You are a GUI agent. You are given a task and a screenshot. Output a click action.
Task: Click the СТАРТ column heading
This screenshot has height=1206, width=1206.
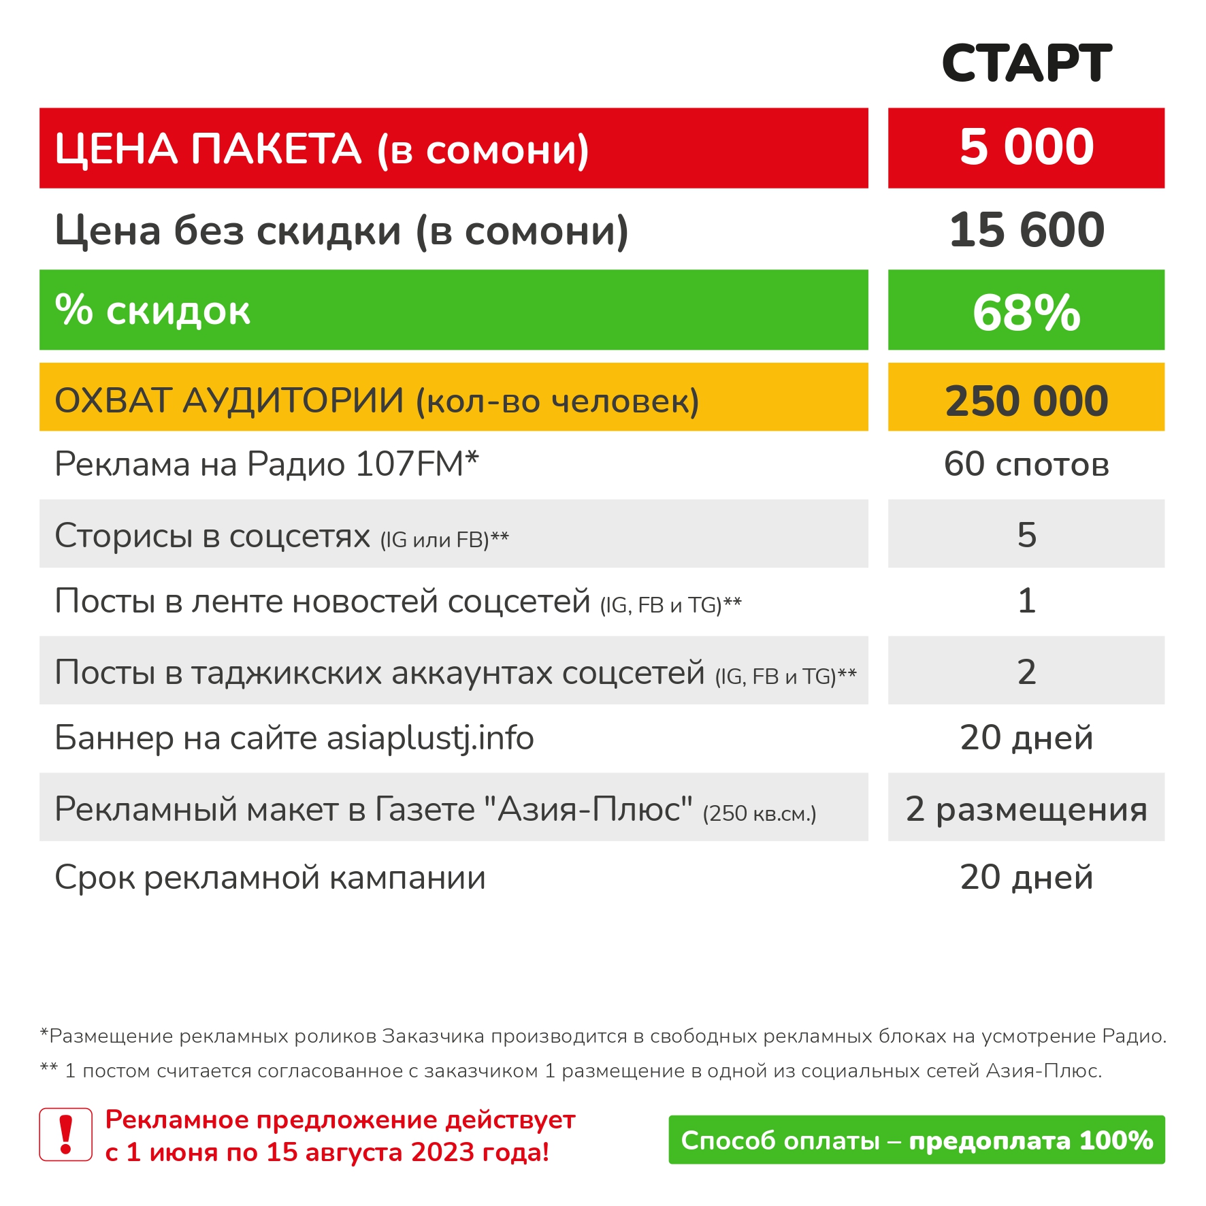pos(1026,63)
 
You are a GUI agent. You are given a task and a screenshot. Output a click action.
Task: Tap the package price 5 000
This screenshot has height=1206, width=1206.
pos(1026,147)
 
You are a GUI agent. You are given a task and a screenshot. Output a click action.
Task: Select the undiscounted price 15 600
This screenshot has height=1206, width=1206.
pos(1026,230)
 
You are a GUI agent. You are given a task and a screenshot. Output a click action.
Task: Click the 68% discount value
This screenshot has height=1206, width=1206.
pos(1026,312)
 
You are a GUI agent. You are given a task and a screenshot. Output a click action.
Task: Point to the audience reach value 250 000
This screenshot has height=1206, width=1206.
pos(1026,400)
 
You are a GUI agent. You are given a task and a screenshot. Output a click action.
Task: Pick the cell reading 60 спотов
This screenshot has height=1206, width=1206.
pos(1026,464)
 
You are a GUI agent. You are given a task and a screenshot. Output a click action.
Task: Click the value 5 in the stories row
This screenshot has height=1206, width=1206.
pos(1026,534)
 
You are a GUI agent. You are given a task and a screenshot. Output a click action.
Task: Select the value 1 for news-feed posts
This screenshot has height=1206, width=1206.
pos(1026,601)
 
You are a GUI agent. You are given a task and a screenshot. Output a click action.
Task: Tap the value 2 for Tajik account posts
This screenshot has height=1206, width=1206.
pos(1026,672)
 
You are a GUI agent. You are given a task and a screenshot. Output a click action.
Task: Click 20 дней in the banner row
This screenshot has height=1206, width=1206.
pos(1026,738)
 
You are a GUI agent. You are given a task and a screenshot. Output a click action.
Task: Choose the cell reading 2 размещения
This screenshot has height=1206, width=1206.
pos(1026,809)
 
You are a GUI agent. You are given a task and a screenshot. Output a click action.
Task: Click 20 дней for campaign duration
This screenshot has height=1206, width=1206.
pos(1026,877)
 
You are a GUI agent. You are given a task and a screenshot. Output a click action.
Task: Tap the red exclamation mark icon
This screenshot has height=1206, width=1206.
pos(66,1134)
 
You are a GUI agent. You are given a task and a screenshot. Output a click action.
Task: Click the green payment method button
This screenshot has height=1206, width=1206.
pos(916,1140)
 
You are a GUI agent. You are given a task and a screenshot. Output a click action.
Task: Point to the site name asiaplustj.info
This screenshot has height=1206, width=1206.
pos(430,738)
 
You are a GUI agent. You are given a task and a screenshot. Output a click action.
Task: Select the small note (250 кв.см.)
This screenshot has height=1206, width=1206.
pos(759,813)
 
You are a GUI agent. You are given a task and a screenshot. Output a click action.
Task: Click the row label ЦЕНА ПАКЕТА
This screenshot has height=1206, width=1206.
pos(208,149)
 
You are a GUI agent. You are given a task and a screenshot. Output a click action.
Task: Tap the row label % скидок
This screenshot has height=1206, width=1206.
pos(152,311)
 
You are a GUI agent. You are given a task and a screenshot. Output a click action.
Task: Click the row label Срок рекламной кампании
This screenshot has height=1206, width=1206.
pos(270,877)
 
